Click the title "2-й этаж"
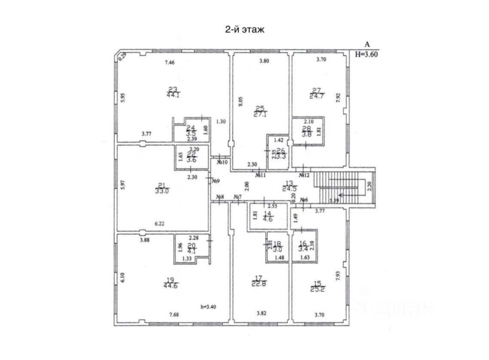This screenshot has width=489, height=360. (244, 30)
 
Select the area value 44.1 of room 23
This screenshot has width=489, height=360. (173, 95)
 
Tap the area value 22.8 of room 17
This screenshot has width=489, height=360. (259, 283)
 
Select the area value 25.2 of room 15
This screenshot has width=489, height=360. (318, 288)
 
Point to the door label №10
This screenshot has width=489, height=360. (222, 162)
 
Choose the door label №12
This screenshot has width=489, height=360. (304, 175)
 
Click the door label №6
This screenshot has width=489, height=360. (304, 200)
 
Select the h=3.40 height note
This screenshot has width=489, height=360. (208, 307)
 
